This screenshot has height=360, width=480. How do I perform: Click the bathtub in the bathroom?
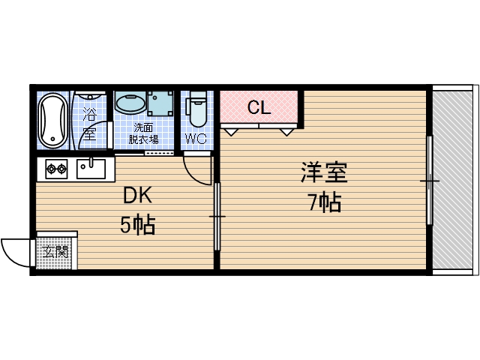tap(53, 120)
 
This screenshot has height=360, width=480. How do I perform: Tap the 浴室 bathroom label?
tap(89, 124)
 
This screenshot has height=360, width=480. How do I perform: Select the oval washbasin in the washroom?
tap(130, 103)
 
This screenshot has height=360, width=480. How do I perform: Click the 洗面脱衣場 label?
tap(142, 133)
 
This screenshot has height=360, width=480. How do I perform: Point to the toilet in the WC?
tap(197, 109)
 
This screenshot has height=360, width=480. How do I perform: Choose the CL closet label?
tap(259, 107)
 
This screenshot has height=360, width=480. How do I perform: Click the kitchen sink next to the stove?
tap(92, 169)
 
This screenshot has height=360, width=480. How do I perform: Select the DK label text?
tap(138, 196)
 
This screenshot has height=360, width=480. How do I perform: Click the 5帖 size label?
tap(138, 224)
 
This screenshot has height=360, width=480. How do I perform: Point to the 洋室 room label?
tap(323, 173)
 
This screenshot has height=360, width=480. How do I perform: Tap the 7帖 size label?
tap(324, 202)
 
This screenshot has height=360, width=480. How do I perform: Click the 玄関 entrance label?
tap(55, 251)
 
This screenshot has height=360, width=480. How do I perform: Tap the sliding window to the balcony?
tap(430, 180)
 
